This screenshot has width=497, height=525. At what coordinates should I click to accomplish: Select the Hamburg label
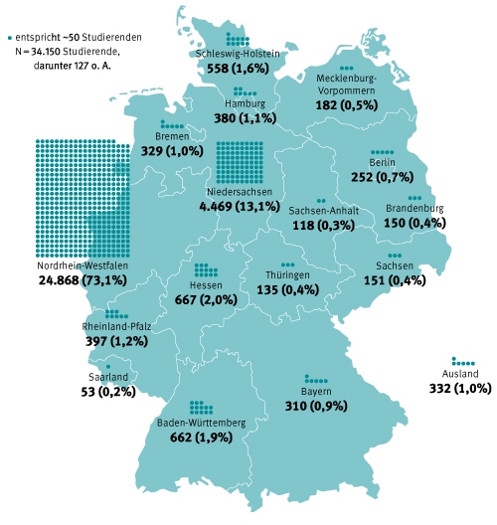click(245, 102)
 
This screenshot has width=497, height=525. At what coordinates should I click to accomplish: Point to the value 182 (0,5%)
click(347, 104)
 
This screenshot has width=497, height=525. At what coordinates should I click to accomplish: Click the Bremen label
click(172, 136)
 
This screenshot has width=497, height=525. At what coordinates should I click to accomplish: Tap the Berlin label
click(382, 162)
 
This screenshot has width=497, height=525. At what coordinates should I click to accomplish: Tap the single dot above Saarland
click(107, 366)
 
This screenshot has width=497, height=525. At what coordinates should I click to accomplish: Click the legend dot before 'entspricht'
click(9, 35)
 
